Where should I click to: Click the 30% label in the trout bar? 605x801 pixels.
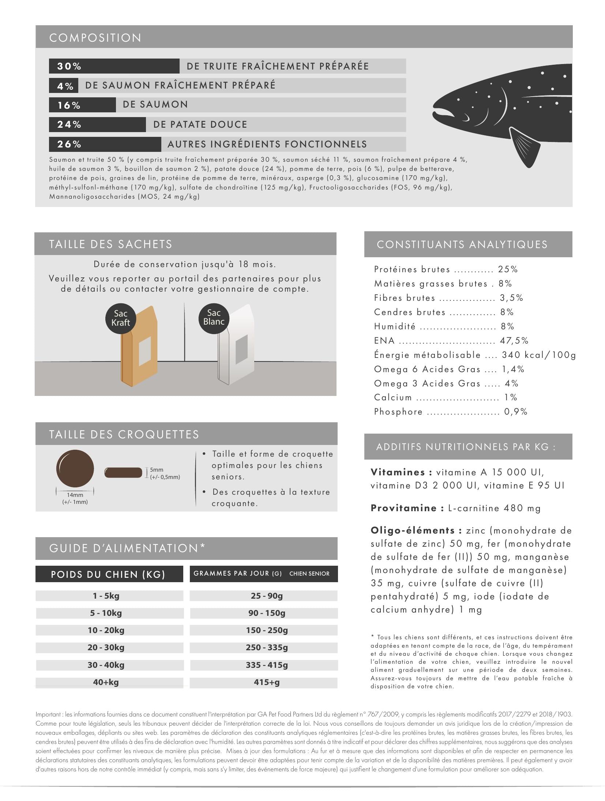(x=69, y=66)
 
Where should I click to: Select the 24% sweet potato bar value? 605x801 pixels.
(x=69, y=125)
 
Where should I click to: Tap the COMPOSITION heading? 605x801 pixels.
(x=95, y=38)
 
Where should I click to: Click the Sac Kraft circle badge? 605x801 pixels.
(x=121, y=318)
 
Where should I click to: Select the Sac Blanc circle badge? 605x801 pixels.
(x=214, y=317)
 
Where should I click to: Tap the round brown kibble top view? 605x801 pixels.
(x=75, y=468)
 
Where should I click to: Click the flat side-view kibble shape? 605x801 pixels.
(x=123, y=472)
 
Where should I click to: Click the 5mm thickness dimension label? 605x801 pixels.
(x=157, y=470)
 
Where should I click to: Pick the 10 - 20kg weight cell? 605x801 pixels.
(x=106, y=630)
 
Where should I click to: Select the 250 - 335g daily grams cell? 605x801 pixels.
(x=267, y=647)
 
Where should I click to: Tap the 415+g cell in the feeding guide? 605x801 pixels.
(x=267, y=682)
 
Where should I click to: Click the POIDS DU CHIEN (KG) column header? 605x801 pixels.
(x=108, y=574)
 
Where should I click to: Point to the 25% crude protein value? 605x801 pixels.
(x=508, y=270)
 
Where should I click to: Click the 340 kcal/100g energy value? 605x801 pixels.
(x=538, y=355)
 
